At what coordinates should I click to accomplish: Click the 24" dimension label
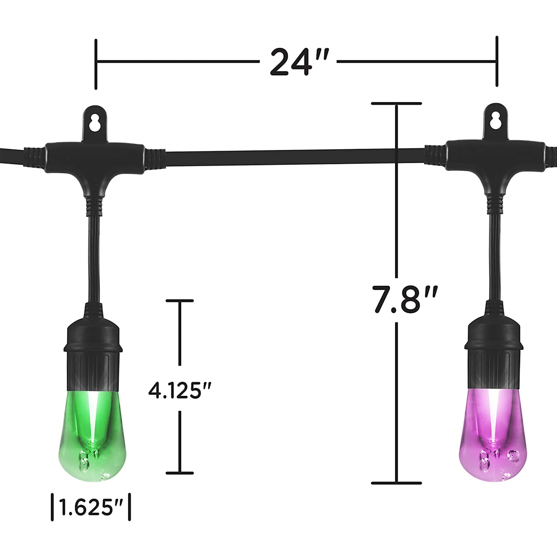click(x=299, y=62)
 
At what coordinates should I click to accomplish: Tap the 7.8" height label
click(x=404, y=299)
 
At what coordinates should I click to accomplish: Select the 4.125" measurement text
click(x=180, y=391)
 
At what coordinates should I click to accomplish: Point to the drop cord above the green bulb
click(x=94, y=260)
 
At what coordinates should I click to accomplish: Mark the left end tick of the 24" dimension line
click(x=96, y=64)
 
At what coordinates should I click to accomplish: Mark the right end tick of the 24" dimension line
click(x=497, y=61)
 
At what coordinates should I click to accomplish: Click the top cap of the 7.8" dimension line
click(x=396, y=103)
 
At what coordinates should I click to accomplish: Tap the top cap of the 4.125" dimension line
click(x=180, y=301)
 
